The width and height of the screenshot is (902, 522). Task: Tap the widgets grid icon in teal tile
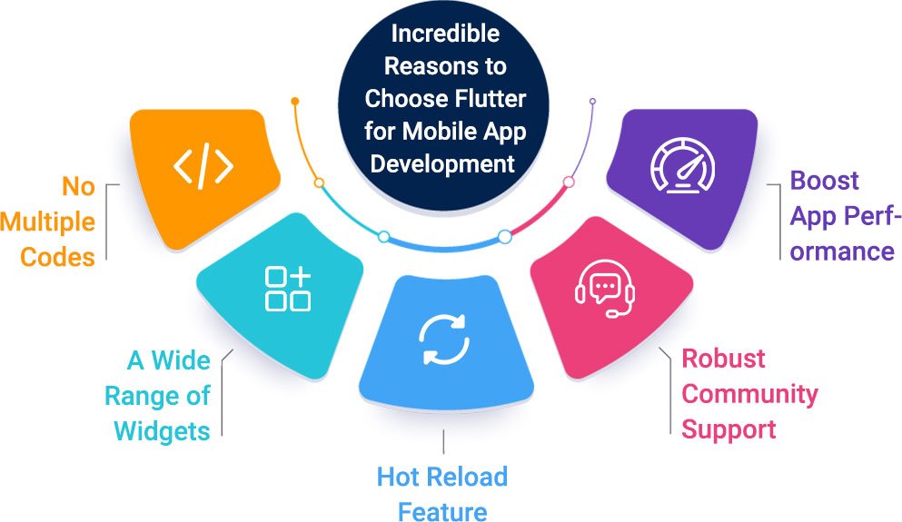287,290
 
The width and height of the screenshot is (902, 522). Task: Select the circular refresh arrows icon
444,340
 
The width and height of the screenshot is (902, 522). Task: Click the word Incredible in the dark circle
445,34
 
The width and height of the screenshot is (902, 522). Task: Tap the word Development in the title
445,164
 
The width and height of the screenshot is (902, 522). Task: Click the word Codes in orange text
58,257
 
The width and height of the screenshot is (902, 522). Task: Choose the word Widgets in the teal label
163,429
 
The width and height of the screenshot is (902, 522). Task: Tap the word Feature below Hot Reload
442,510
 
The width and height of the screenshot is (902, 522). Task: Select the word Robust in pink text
724,359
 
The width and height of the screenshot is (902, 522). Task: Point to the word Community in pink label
750,394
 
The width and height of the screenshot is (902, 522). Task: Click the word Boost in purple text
825,181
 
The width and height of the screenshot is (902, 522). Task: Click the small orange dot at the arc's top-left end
294,100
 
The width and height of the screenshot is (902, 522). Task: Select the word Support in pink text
729,428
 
